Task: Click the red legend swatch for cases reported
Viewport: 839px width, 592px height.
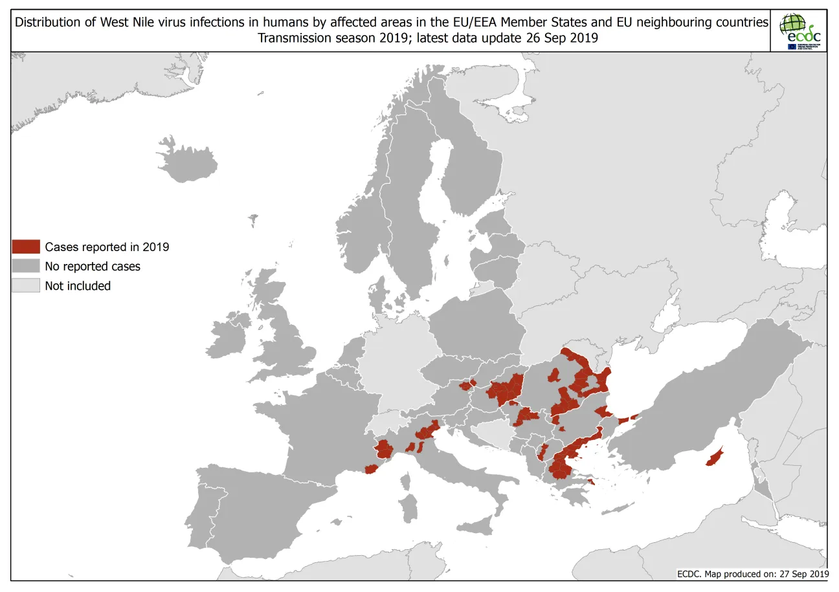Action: click(x=26, y=247)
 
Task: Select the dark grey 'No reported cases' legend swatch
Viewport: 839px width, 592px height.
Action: click(x=26, y=266)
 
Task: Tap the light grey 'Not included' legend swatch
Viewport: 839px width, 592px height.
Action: click(x=26, y=285)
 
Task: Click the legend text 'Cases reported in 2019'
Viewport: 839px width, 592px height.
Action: click(x=107, y=247)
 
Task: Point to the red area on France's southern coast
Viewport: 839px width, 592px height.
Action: click(x=370, y=469)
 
